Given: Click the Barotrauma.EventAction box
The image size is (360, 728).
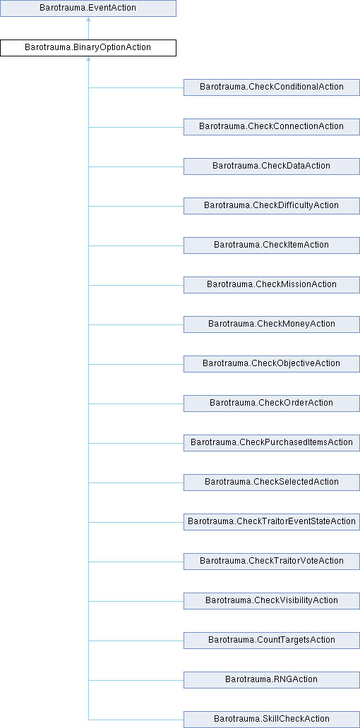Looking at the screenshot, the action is (x=88, y=8).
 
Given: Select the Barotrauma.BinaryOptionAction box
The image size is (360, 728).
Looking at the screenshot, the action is (x=88, y=48).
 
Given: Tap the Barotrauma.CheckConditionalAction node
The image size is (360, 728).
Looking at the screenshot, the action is (x=272, y=87).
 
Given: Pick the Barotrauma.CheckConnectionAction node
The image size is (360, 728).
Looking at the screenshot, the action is (x=272, y=127).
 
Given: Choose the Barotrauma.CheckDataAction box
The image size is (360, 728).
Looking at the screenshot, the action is (x=272, y=166).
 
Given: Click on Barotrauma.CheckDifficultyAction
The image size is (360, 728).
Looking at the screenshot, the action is (x=272, y=206).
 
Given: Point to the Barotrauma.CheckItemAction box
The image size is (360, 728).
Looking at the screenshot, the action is (x=272, y=245).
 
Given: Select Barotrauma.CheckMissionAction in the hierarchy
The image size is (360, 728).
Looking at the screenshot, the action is (x=272, y=284).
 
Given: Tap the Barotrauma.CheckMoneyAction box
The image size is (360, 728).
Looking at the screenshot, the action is (x=272, y=324).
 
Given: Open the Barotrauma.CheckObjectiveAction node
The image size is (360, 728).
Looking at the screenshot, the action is (x=272, y=363).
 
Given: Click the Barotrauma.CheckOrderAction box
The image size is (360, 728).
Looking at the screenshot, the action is (x=272, y=403).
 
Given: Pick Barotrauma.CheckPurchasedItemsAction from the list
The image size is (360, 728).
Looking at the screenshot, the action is (x=272, y=442).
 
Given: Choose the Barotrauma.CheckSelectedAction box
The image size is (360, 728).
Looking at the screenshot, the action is (x=272, y=482).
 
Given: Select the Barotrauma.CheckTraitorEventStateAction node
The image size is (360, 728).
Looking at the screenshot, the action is (x=272, y=521).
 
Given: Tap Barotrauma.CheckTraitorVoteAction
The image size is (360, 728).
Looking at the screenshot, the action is (x=272, y=561).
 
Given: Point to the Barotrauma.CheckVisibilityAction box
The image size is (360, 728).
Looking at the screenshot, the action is (x=272, y=600).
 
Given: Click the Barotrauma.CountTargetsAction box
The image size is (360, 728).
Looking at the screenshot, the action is (x=272, y=640).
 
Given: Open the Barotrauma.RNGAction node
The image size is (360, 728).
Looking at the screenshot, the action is (x=272, y=679).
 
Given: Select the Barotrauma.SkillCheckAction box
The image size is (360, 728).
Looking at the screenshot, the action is (x=272, y=719).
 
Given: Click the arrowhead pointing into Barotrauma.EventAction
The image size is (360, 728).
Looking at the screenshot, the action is (x=88, y=20).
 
